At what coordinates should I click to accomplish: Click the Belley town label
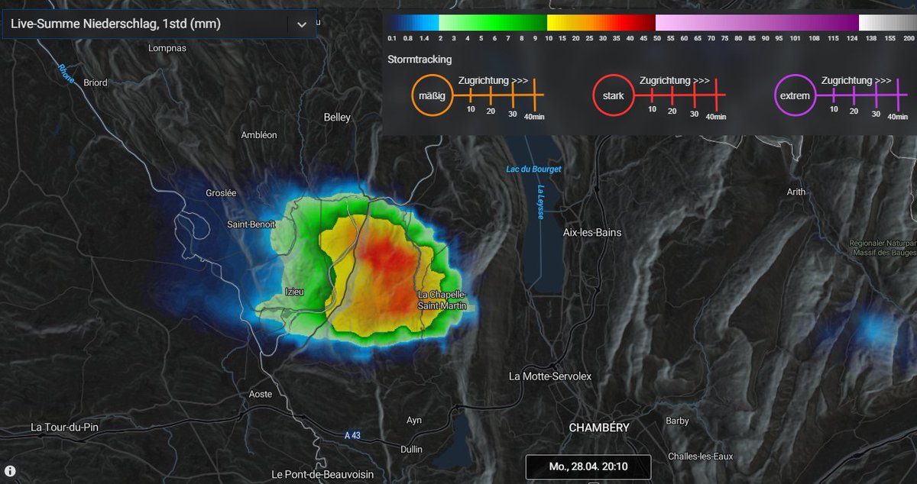[x=337, y=118]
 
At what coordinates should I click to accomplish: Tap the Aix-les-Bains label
[x=591, y=232]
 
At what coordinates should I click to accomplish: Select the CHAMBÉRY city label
[x=599, y=428]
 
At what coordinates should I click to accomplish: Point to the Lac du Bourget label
[x=533, y=168]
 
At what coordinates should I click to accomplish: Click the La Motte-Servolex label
[x=550, y=376]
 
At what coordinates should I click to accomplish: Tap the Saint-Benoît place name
[x=251, y=224]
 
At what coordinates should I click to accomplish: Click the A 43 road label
[x=352, y=436]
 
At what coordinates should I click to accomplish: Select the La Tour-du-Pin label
[x=64, y=427]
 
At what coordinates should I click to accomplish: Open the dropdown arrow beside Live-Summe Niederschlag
[x=302, y=24]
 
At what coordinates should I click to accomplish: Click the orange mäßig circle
[x=432, y=96]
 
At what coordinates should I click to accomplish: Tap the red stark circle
[x=613, y=96]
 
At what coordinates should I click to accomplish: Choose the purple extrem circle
[x=795, y=96]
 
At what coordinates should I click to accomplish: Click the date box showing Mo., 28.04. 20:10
[x=588, y=466]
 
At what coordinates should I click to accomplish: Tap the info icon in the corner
[x=11, y=470]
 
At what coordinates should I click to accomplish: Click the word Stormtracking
[x=420, y=59]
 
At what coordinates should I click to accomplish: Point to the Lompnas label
[x=167, y=48]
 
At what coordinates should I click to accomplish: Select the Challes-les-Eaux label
[x=700, y=457]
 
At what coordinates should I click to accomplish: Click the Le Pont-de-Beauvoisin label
[x=322, y=474]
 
